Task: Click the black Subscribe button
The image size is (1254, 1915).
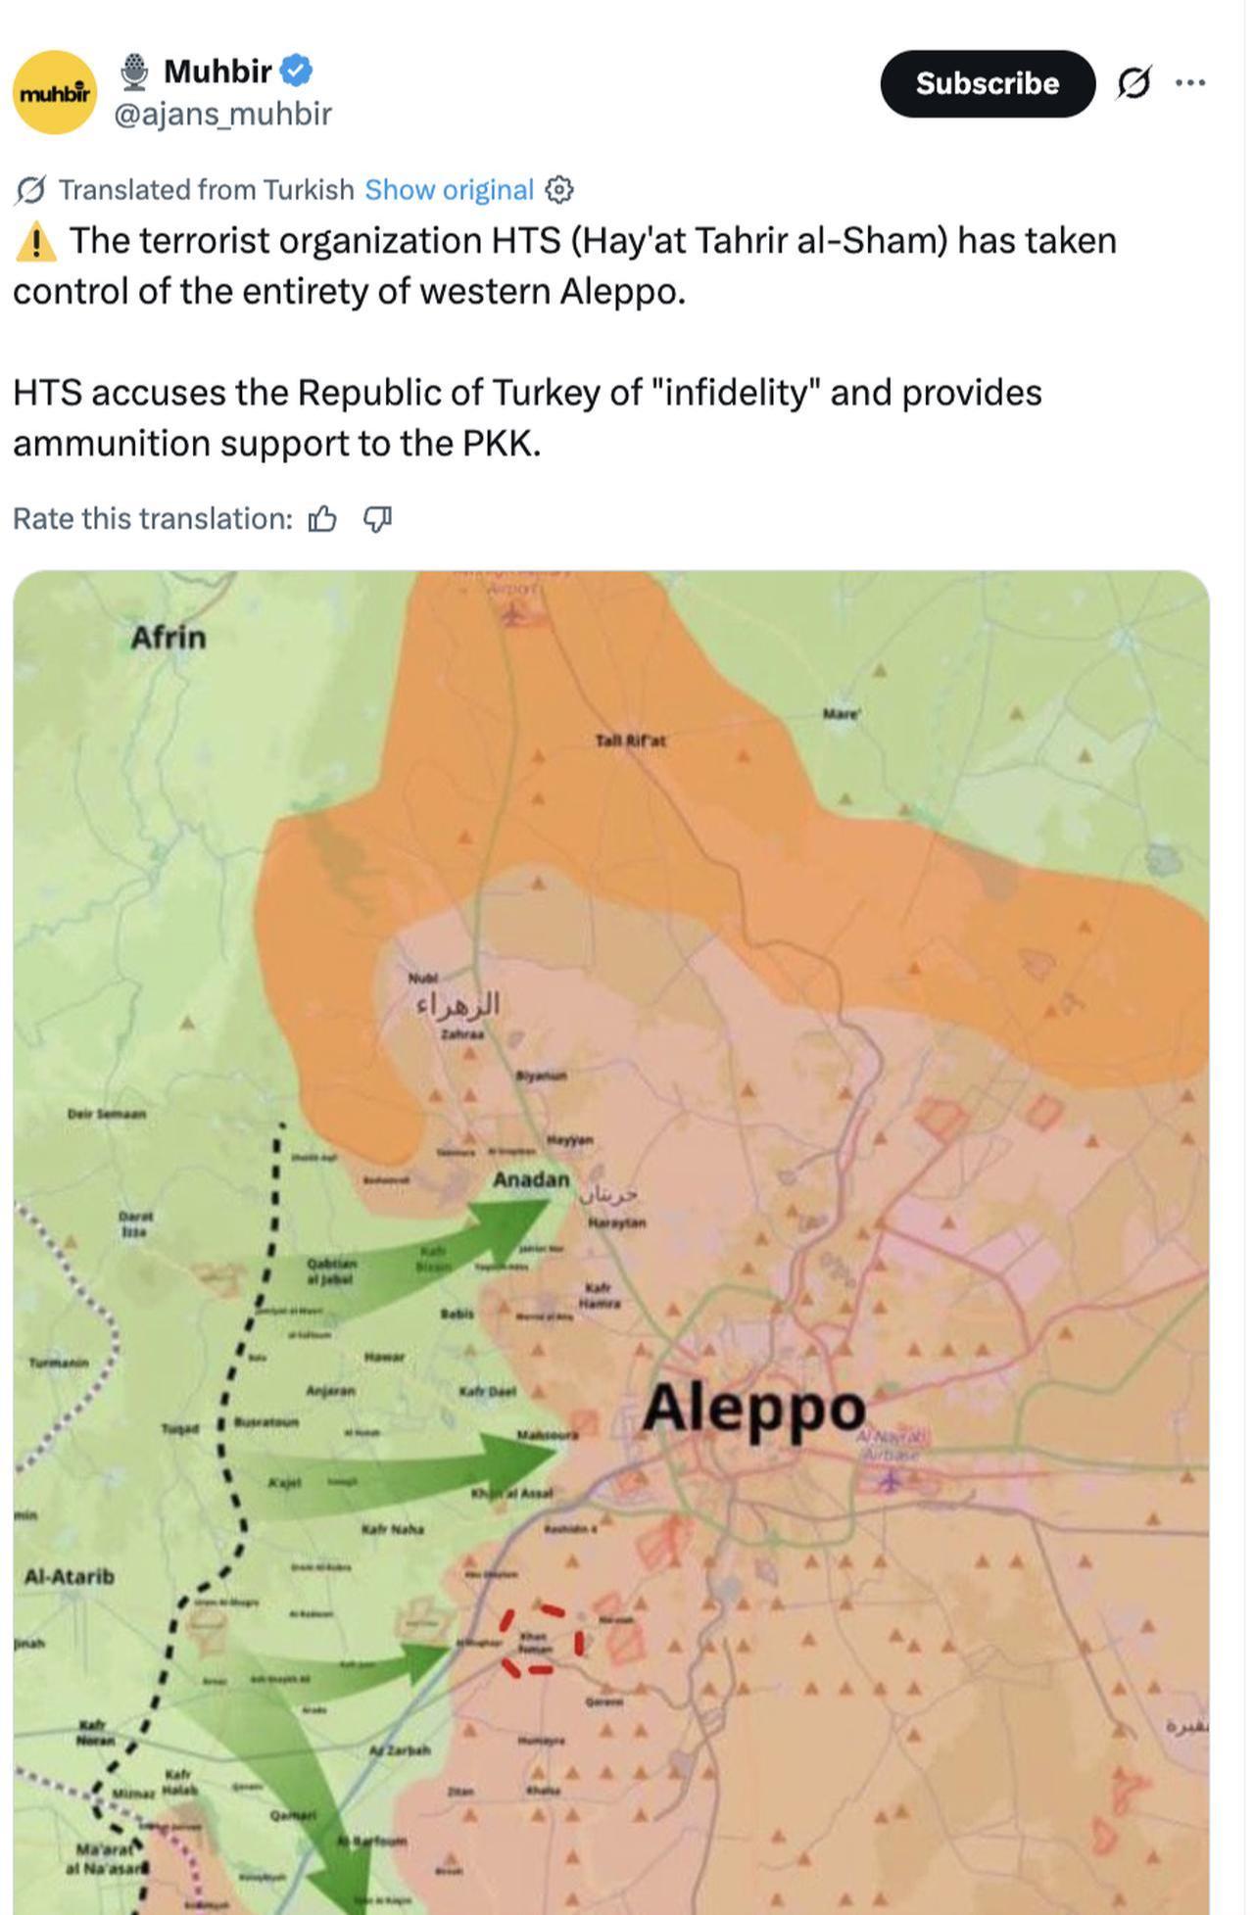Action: (x=987, y=83)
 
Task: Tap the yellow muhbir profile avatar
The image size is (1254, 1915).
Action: (x=55, y=92)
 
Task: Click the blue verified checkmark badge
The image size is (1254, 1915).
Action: (x=296, y=71)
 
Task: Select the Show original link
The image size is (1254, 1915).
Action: (x=449, y=189)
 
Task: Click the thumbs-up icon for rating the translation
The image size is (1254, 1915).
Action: (x=322, y=518)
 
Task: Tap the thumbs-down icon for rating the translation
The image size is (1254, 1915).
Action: (x=377, y=518)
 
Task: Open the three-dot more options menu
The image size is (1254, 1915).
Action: (x=1189, y=83)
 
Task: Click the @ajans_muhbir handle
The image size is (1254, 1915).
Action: (x=223, y=114)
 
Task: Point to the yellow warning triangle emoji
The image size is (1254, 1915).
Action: (x=36, y=241)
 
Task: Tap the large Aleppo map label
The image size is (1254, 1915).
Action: (x=753, y=1409)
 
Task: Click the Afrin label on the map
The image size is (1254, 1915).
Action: (x=169, y=638)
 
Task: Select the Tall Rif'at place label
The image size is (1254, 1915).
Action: (x=630, y=741)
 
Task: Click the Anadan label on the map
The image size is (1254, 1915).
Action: (x=530, y=1179)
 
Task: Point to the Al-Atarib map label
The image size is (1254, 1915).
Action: (x=69, y=1576)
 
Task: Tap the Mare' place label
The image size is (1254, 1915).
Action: (x=841, y=714)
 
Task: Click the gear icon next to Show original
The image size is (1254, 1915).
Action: (x=558, y=189)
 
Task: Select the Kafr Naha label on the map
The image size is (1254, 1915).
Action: (x=392, y=1528)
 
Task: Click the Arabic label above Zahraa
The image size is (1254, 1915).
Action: (x=458, y=1005)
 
